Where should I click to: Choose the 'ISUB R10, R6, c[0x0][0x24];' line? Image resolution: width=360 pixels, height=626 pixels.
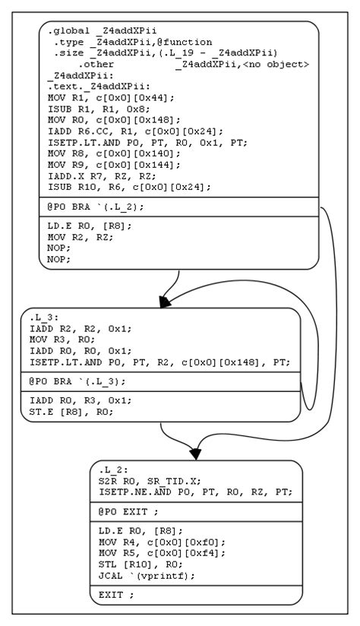[x=118, y=186]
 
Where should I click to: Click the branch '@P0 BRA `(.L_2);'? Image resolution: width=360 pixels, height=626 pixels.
[x=95, y=207]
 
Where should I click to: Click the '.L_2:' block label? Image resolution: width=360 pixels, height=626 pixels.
[x=112, y=470]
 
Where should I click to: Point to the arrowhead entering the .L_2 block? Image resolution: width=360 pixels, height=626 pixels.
[x=196, y=454]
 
